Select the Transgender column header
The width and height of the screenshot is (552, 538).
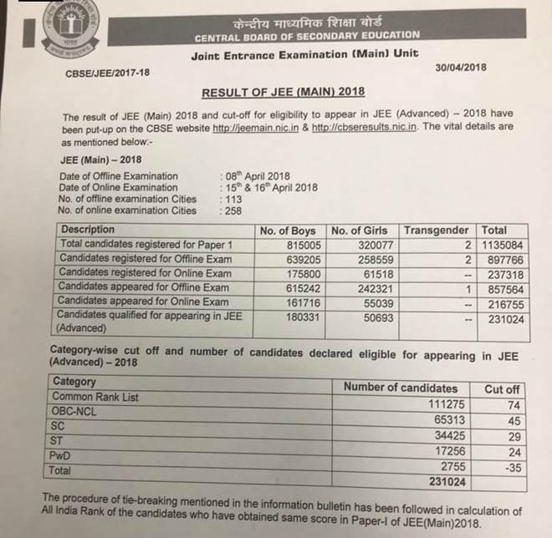coord(437,230)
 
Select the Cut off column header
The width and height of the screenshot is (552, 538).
coord(502,388)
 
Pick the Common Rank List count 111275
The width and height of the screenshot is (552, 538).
coord(435,404)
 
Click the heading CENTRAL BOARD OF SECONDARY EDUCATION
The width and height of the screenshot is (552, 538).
coord(307,36)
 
